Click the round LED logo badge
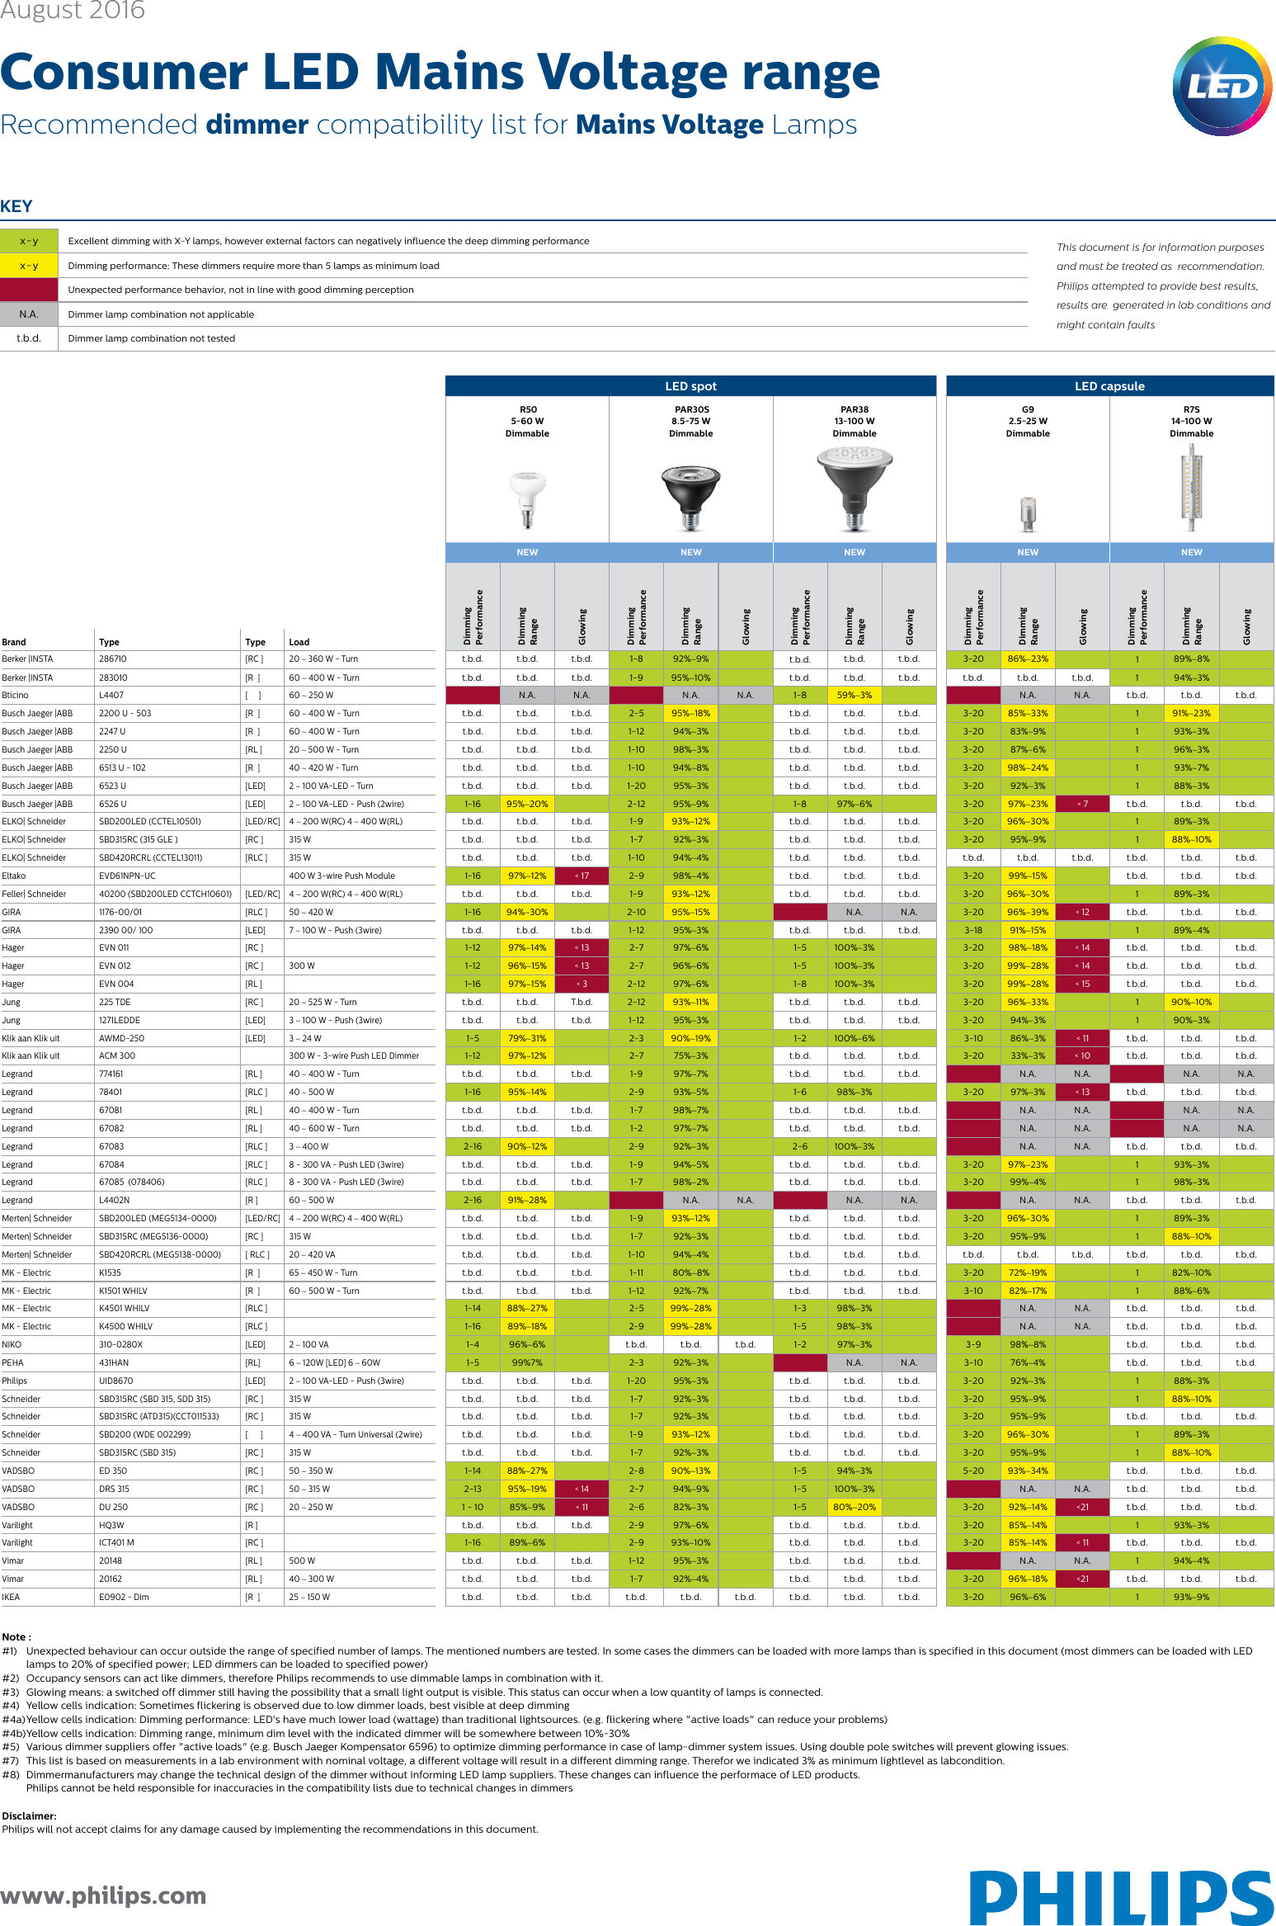[x=1222, y=86]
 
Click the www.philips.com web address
[x=103, y=1895]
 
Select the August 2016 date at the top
[x=73, y=11]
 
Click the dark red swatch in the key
[x=29, y=290]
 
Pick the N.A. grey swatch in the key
[x=29, y=314]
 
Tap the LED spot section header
[x=690, y=386]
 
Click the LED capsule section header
[x=1109, y=386]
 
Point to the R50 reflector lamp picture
[x=528, y=498]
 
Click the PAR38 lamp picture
[x=855, y=489]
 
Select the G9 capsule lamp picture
[x=1028, y=513]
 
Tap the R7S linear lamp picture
[x=1191, y=488]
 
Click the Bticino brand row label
[x=16, y=695]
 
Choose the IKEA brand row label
[x=11, y=1597]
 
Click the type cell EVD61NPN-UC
[x=127, y=876]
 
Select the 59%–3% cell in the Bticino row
[x=854, y=695]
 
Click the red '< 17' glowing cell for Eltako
[x=581, y=876]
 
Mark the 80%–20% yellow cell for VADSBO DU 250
[x=854, y=1507]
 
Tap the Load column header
[x=299, y=642]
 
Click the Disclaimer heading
[x=29, y=1815]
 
